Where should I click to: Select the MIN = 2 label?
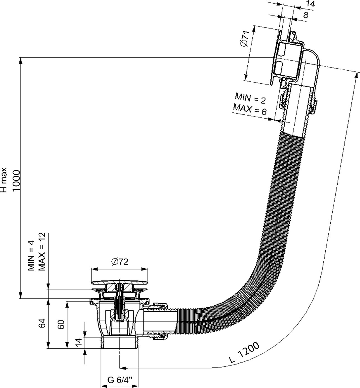(250, 98)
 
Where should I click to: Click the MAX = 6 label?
(250, 110)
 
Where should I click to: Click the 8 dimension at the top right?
(306, 15)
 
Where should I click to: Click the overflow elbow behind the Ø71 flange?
(310, 60)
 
